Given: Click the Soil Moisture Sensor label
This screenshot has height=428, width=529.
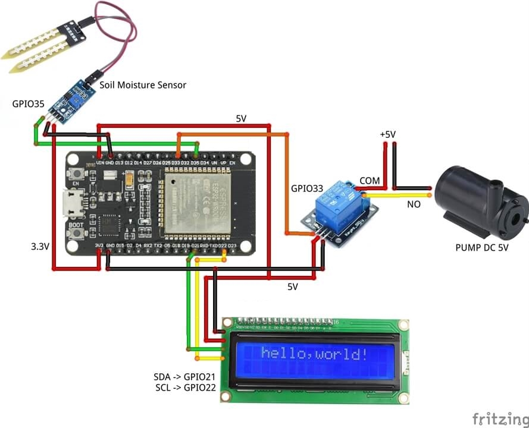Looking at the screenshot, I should [142, 85].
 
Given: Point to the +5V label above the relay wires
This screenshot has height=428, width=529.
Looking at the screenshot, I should [387, 135].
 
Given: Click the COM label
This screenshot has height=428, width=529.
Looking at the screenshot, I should [370, 180].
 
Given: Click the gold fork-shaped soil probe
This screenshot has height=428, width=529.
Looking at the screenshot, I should [36, 50].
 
